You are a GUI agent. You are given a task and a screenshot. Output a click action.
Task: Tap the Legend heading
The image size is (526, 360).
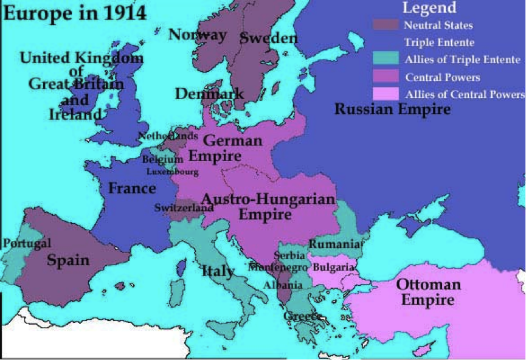(429, 8)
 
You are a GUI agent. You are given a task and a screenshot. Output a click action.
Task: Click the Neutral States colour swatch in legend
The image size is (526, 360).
(385, 26)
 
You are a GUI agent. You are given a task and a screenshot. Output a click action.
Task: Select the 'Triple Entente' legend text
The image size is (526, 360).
(439, 43)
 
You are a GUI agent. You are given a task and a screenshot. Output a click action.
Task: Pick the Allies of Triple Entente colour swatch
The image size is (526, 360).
(385, 60)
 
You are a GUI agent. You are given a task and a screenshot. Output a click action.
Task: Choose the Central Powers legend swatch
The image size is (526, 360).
(385, 77)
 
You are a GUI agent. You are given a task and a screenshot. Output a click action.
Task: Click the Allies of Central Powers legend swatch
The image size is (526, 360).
(385, 94)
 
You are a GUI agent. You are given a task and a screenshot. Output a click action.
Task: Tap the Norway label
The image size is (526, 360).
(198, 35)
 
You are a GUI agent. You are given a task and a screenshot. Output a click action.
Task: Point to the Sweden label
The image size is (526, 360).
(269, 38)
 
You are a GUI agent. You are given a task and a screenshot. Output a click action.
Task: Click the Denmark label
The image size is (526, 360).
(209, 94)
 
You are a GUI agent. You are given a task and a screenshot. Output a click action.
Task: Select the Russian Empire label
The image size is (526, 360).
(392, 109)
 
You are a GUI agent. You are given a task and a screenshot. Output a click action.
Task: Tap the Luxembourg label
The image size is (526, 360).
(172, 172)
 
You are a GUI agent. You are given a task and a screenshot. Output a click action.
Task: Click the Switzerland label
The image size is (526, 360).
(184, 208)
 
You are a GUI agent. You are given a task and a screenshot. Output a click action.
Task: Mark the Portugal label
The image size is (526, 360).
(26, 243)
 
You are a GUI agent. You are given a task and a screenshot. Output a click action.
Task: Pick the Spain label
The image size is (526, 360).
(68, 261)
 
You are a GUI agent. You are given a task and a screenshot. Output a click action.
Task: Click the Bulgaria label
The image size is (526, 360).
(333, 267)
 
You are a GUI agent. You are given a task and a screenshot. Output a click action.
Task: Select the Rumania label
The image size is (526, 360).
(334, 244)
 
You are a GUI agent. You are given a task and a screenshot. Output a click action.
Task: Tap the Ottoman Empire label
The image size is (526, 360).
(428, 292)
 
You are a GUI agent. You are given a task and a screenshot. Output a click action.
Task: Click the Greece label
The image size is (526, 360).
(302, 317)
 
